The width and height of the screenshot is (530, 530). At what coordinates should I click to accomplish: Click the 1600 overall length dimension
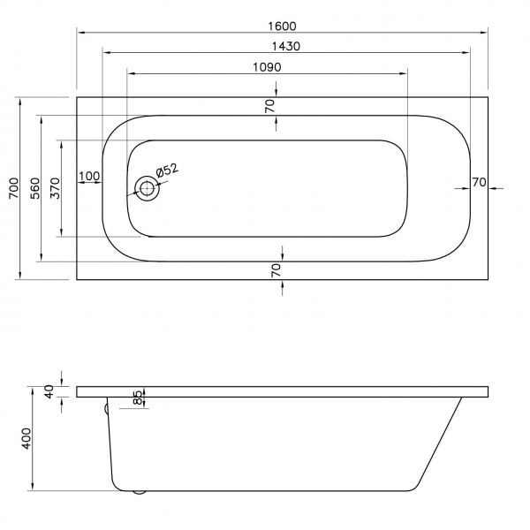(x=282, y=26)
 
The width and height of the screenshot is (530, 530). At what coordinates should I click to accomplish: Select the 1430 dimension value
(x=286, y=46)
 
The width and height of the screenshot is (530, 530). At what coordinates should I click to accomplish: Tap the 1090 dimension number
(x=267, y=67)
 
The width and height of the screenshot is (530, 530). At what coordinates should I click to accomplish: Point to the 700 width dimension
(x=14, y=188)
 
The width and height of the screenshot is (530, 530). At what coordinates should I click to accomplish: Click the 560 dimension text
(x=35, y=188)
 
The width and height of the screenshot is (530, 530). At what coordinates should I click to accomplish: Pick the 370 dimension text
(x=55, y=188)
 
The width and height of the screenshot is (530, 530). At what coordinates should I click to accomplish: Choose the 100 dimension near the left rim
(x=89, y=176)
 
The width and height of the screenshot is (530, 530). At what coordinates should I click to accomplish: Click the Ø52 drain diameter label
(x=167, y=170)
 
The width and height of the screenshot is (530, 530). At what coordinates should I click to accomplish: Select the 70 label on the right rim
(x=480, y=183)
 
